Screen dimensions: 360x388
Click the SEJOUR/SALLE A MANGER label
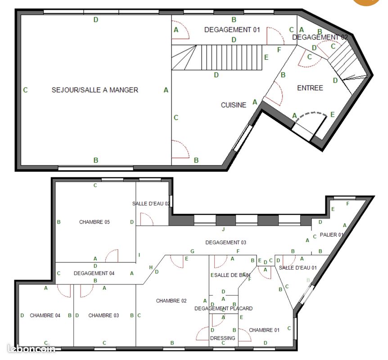95,90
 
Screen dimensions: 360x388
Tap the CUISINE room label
234,105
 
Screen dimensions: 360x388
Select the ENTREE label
310,88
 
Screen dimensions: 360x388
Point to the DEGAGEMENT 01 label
232,30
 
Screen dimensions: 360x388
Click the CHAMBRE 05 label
95,222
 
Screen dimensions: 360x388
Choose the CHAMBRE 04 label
45,315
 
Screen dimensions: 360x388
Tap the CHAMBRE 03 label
104,315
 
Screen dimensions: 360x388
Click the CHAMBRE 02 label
171,301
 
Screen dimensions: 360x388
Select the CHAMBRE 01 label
264,330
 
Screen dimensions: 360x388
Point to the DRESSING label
223,338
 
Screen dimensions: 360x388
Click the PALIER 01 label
332,235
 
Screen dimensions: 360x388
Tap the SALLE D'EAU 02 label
151,203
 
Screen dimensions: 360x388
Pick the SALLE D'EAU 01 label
298,268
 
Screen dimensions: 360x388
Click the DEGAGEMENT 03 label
226,242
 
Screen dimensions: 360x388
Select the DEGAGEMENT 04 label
94,273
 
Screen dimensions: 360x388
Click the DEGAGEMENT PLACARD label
223,308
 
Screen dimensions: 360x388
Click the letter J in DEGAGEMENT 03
223,229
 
